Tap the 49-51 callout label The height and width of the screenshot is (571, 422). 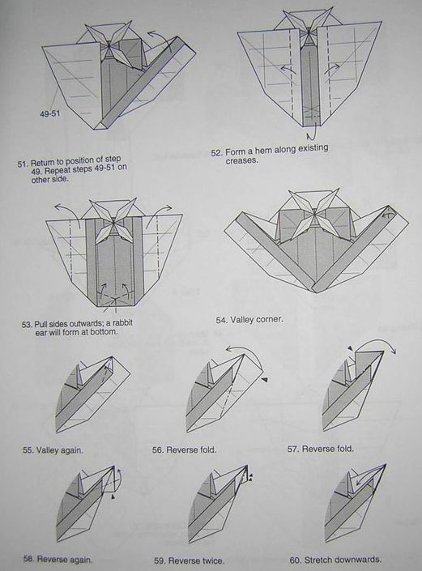(x=50, y=113)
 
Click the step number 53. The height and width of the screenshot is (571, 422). (x=27, y=325)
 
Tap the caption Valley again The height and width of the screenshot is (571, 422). (x=59, y=450)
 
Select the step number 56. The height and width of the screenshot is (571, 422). (x=158, y=450)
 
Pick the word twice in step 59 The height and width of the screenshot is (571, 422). (x=213, y=560)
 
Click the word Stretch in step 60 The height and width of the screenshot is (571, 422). (x=318, y=560)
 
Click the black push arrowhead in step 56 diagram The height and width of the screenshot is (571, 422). (x=265, y=380)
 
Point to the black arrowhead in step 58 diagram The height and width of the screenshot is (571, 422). (x=113, y=496)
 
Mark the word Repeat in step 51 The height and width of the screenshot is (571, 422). (x=56, y=170)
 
